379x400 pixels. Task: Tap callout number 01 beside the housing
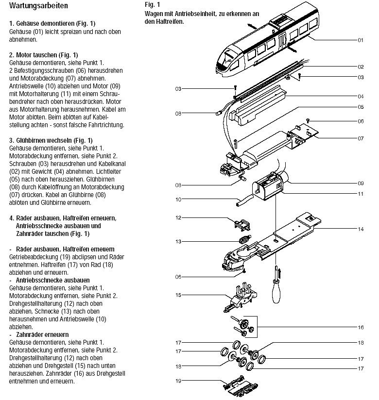coord(360,40)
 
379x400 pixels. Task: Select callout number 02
coord(360,67)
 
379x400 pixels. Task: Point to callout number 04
coord(360,96)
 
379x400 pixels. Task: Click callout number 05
coord(360,107)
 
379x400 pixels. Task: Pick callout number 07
coord(360,138)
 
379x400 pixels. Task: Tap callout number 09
coord(360,183)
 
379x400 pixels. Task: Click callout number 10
coord(178,199)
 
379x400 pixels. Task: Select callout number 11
coord(360,194)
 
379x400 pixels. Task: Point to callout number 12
coord(178,217)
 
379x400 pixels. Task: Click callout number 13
coord(178,241)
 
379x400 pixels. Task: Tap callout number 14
coord(360,229)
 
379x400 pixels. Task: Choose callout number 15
coord(178,295)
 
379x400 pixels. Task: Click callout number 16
coord(360,327)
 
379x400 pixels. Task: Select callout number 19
coord(178,381)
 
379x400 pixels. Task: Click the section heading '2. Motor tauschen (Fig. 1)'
coord(43,54)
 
